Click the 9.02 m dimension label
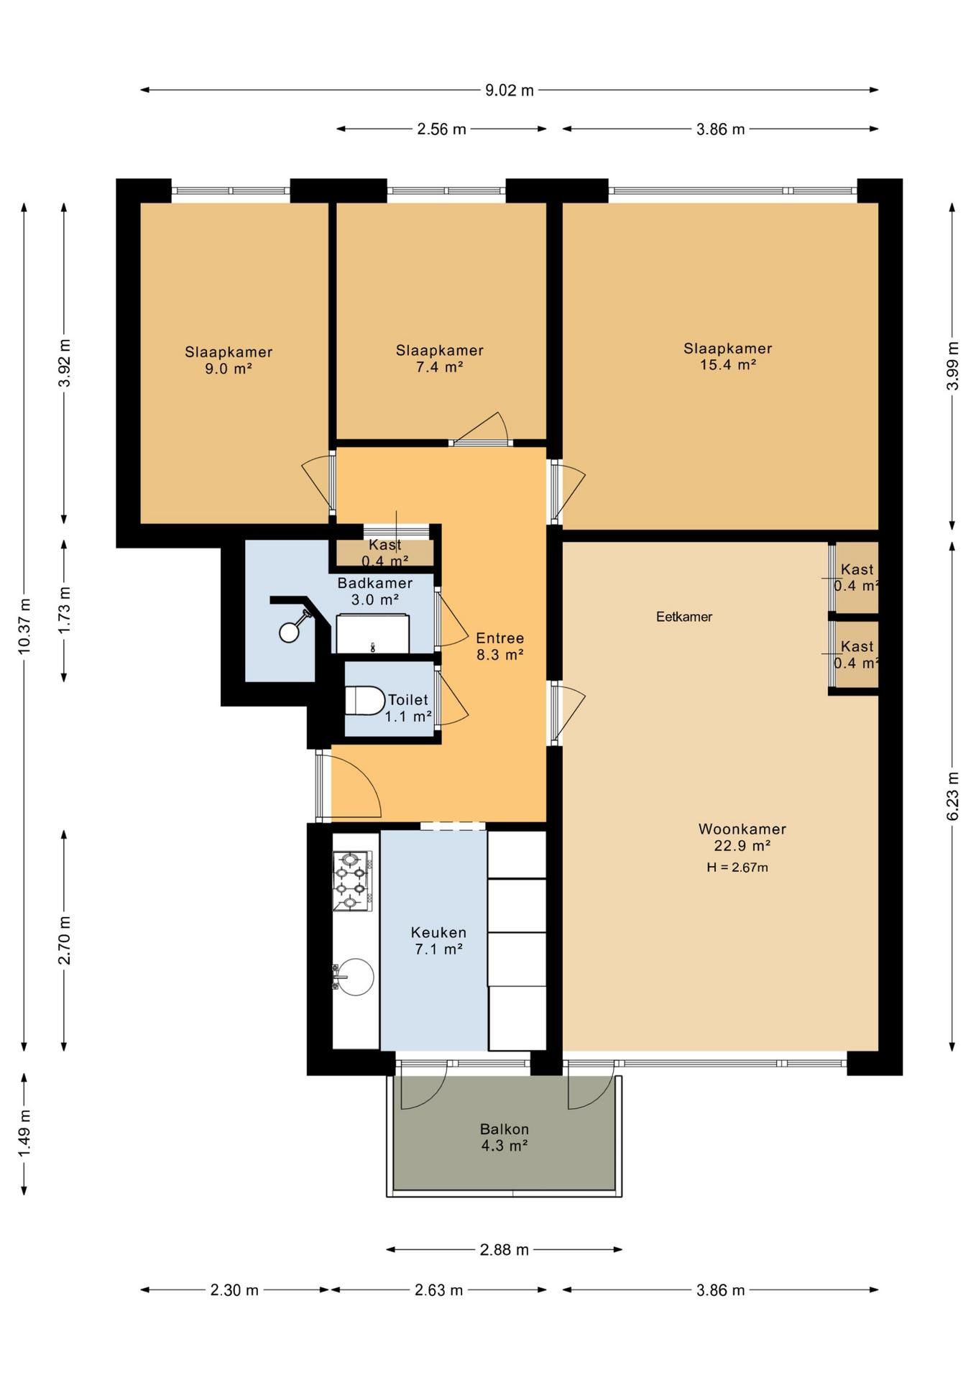(510, 90)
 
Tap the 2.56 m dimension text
(441, 129)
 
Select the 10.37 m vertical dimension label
(24, 626)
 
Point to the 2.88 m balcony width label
(505, 1250)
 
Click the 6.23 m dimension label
(953, 796)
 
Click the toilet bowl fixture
(365, 700)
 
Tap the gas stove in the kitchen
(352, 880)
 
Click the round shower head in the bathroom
(289, 632)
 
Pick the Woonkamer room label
(742, 829)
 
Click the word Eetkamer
(684, 617)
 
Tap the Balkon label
(505, 1129)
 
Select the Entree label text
(500, 638)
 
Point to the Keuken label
(438, 932)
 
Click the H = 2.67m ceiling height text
(737, 868)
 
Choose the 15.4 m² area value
(728, 364)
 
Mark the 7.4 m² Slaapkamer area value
(439, 367)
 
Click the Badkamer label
(375, 583)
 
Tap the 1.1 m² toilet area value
(408, 717)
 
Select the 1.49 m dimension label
(24, 1136)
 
